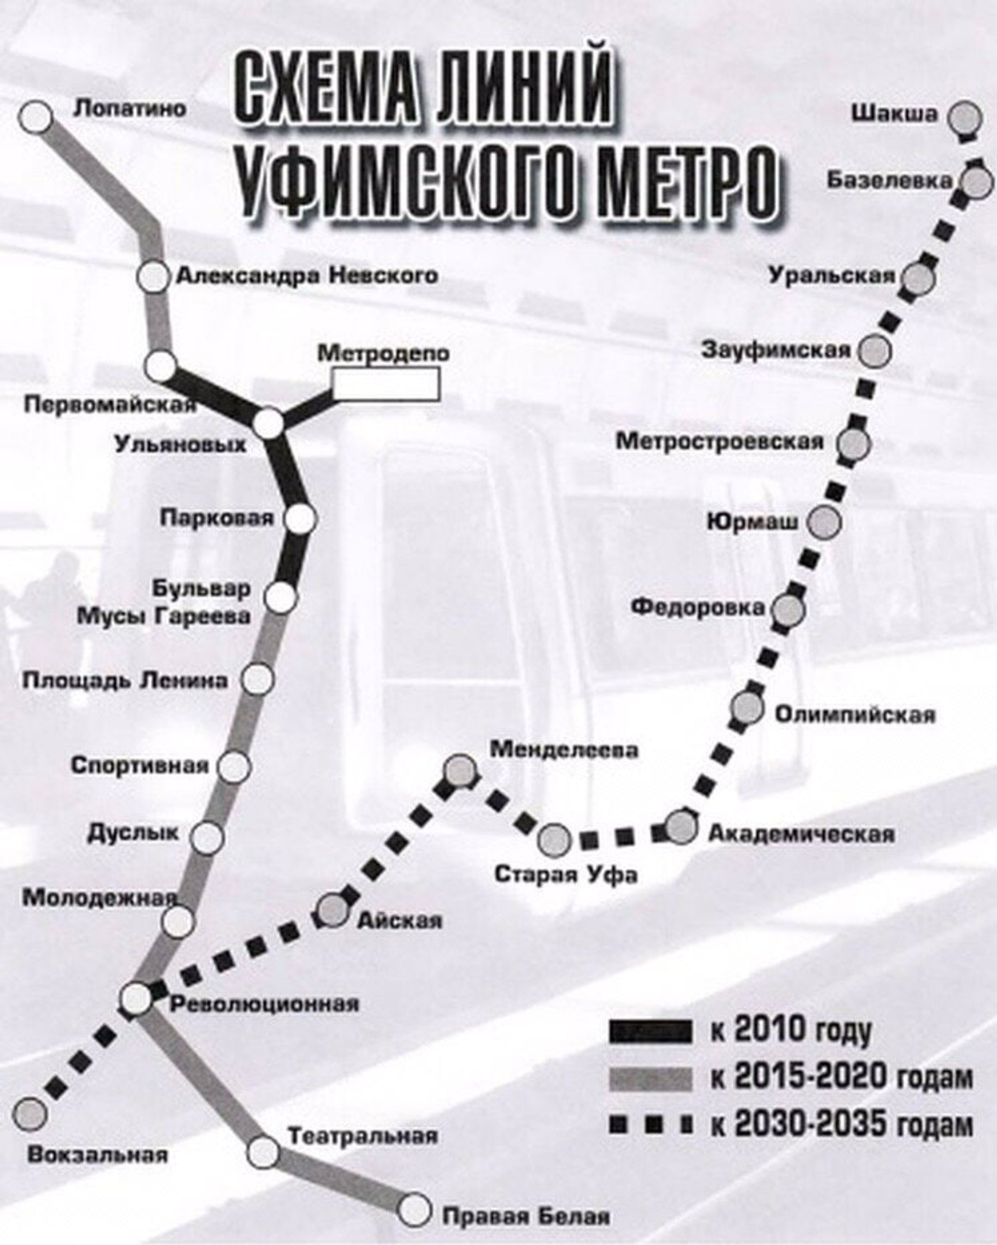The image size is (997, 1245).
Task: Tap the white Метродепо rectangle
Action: (x=386, y=383)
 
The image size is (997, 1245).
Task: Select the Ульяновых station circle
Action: (x=270, y=423)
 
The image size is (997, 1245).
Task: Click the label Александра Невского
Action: (x=307, y=275)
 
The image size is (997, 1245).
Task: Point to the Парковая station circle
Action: (x=301, y=518)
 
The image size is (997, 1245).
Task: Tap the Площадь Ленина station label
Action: (x=125, y=680)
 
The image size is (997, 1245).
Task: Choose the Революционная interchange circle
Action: (x=136, y=998)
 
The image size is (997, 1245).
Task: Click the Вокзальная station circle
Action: (x=29, y=1111)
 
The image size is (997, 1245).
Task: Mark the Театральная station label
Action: (x=363, y=1136)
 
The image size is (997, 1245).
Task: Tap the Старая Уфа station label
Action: (x=566, y=874)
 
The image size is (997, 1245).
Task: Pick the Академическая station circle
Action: (x=682, y=827)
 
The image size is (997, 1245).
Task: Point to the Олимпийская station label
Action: (x=855, y=714)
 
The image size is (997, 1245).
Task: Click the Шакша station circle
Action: (x=965, y=117)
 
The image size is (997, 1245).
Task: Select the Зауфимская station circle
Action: (x=875, y=351)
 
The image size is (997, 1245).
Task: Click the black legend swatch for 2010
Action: (x=651, y=1031)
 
